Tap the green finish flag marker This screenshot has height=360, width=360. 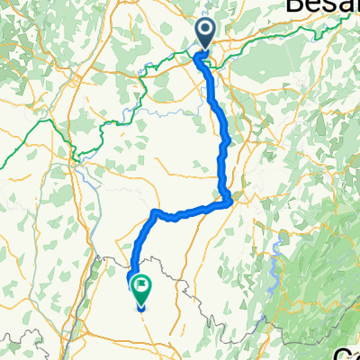tap(142, 288)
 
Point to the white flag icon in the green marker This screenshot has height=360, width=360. tap(142, 286)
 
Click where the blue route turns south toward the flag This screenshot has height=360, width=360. tap(155, 213)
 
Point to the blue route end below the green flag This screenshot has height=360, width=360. tap(140, 309)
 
